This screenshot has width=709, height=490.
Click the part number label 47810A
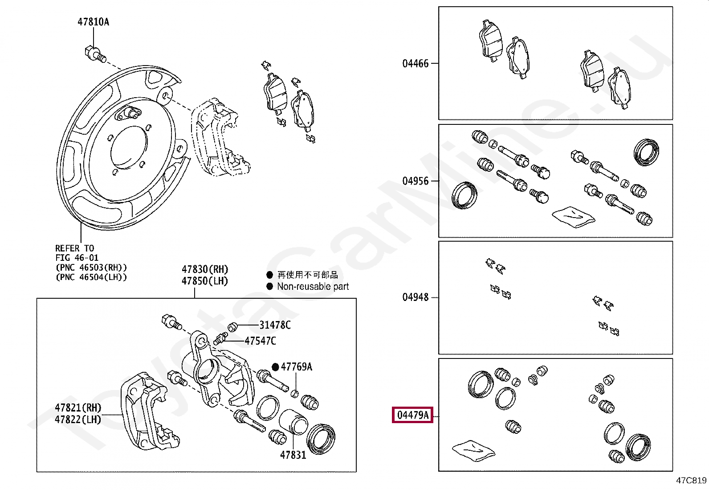[93, 22]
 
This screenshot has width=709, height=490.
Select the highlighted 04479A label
[412, 416]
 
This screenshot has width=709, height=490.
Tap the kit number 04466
[415, 63]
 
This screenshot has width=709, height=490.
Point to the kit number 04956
[415, 181]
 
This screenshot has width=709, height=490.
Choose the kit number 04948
[415, 297]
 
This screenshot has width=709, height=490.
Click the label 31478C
[275, 325]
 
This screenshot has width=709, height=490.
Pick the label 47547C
[260, 341]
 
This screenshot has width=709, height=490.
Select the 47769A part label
[296, 367]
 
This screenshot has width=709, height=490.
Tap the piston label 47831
[293, 455]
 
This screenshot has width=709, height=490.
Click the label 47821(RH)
[78, 408]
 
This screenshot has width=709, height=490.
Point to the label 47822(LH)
[78, 420]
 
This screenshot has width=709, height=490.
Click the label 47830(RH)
[204, 269]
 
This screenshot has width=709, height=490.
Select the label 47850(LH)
[204, 281]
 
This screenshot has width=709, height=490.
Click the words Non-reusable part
[313, 287]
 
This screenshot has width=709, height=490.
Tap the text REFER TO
[74, 248]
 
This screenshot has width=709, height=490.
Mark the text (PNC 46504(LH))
[91, 277]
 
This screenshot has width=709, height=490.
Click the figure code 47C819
[691, 480]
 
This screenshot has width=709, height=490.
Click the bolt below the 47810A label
[94, 54]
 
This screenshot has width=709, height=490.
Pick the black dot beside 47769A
[275, 367]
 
